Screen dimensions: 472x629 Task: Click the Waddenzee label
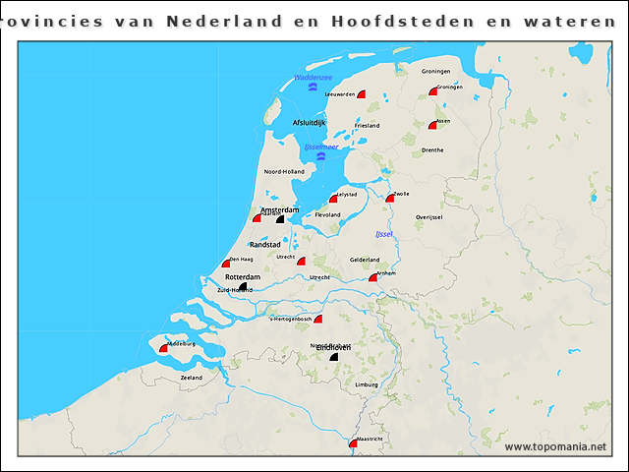tap(314, 77)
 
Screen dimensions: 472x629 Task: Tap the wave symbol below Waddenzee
tap(313, 88)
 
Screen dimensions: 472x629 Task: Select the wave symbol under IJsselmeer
tap(321, 155)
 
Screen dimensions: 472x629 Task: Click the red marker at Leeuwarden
tap(361, 94)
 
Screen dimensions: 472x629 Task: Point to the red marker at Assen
tap(432, 125)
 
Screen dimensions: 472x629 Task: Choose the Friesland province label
tap(367, 126)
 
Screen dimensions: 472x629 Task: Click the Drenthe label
tap(432, 150)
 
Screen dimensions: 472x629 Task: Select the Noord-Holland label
tap(283, 172)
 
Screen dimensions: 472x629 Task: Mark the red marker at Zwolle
tap(390, 197)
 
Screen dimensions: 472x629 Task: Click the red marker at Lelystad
tap(334, 198)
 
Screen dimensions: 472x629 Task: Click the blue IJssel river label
tap(384, 234)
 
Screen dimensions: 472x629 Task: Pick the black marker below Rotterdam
tap(243, 287)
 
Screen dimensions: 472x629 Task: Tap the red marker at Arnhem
tap(373, 278)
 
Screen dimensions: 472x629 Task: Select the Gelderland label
tap(365, 260)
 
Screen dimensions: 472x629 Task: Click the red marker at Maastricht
tap(353, 443)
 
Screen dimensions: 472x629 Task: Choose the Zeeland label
tap(191, 378)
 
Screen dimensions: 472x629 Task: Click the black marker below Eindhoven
tap(334, 358)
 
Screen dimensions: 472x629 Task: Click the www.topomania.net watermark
tap(555, 447)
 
